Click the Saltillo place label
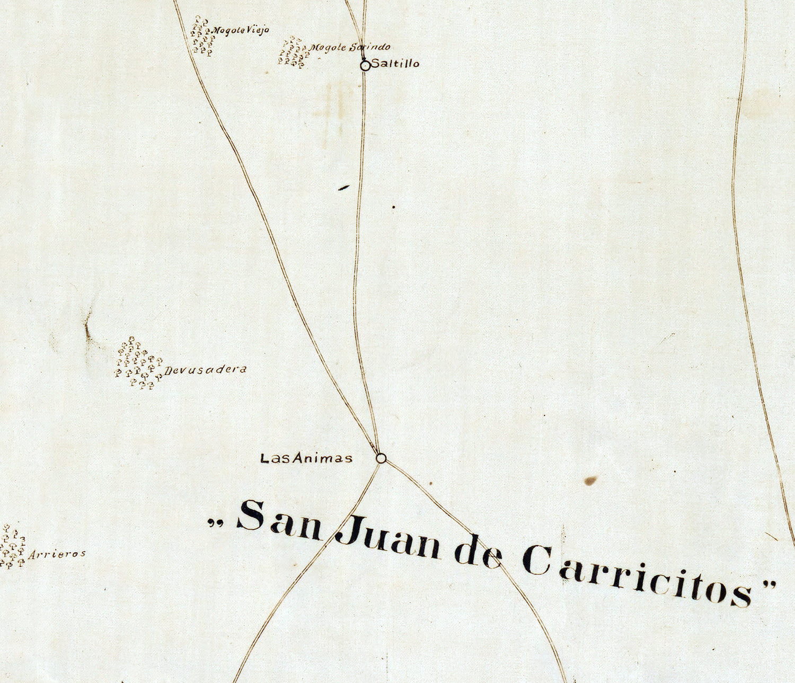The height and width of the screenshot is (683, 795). pos(395,64)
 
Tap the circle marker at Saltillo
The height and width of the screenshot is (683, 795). pos(365,66)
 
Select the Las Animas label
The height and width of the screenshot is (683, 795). pos(306,458)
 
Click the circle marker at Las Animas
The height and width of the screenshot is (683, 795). pos(381,458)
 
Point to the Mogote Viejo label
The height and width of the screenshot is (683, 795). pos(241,31)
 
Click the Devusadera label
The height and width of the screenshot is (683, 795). pos(206,370)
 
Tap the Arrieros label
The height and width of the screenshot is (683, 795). pos(57,554)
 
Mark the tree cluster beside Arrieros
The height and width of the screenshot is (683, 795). pos(13,547)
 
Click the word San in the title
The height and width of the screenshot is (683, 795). pos(279,520)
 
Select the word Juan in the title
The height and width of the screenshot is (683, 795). pos(388,539)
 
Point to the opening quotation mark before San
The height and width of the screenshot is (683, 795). pos(215,523)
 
